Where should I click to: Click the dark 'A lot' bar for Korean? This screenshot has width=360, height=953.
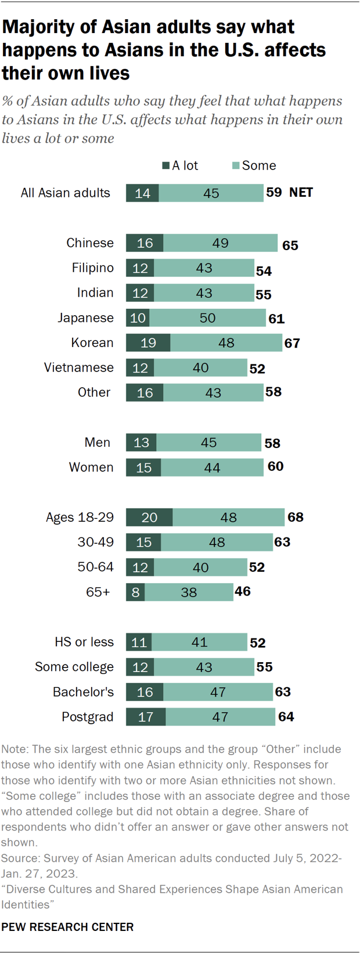click(x=148, y=343)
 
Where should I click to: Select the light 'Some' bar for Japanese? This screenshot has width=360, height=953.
click(x=207, y=318)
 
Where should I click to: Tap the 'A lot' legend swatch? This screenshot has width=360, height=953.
click(x=166, y=166)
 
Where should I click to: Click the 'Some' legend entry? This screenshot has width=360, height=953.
click(x=254, y=166)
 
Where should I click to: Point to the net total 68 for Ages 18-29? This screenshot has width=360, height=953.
click(x=295, y=517)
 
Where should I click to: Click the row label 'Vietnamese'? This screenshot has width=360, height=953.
click(x=79, y=368)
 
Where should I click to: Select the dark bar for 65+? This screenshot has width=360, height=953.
click(x=135, y=592)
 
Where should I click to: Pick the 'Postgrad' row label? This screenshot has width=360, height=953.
click(x=88, y=717)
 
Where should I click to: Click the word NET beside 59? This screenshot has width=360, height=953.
click(x=301, y=193)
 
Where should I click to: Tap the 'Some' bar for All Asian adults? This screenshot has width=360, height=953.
click(x=211, y=193)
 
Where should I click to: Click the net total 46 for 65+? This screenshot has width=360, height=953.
click(x=242, y=592)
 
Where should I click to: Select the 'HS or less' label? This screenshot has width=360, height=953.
click(x=84, y=642)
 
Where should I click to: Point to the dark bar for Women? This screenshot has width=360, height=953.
click(x=143, y=468)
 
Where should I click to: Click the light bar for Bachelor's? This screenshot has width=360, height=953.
click(x=218, y=692)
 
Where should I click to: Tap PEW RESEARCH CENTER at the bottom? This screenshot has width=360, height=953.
click(x=67, y=927)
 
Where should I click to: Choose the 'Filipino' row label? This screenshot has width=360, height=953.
click(x=93, y=268)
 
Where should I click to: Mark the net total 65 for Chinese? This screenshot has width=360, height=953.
click(x=290, y=246)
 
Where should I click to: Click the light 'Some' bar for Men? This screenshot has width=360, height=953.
click(x=208, y=443)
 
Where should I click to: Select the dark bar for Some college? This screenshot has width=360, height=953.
click(x=140, y=667)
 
